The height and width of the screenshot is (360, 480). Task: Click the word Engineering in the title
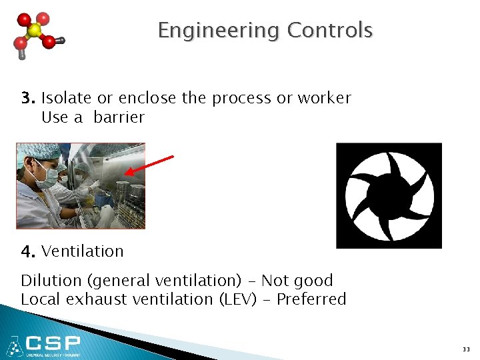(x=219, y=31)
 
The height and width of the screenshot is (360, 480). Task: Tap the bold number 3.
(x=27, y=98)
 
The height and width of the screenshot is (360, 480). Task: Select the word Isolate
(x=67, y=98)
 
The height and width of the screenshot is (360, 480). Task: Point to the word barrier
(x=119, y=117)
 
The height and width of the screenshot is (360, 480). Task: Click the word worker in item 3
(x=323, y=98)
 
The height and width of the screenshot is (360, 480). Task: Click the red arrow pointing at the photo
(x=149, y=165)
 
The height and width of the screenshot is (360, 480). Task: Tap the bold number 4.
(x=27, y=252)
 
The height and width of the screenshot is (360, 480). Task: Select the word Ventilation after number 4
(x=82, y=251)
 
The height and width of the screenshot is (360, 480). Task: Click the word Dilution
(x=46, y=281)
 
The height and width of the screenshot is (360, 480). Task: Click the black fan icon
(x=389, y=195)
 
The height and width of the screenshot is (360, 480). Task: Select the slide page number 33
(x=465, y=349)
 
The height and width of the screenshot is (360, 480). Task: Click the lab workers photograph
(x=81, y=186)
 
